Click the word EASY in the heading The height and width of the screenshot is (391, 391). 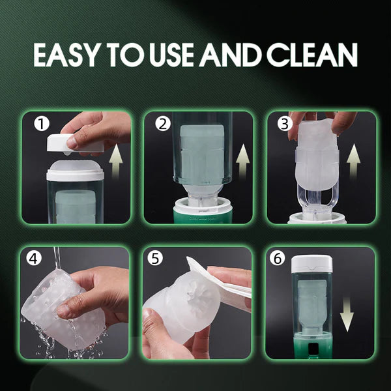pyautogui.click(x=66, y=55)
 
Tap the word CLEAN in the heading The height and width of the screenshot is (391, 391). pyautogui.click(x=312, y=55)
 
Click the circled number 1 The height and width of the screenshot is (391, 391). pyautogui.click(x=42, y=124)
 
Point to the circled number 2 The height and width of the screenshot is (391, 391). pyautogui.click(x=162, y=124)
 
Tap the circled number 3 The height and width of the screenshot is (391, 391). pyautogui.click(x=285, y=124)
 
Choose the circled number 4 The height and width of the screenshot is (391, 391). pyautogui.click(x=34, y=259)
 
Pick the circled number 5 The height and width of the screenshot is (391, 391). pyautogui.click(x=155, y=259)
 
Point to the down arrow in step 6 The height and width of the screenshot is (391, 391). pyautogui.click(x=347, y=315)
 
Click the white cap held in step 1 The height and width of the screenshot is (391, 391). pyautogui.click(x=75, y=143)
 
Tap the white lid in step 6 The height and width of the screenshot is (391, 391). pyautogui.click(x=311, y=263)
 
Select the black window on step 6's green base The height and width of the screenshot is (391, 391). pyautogui.click(x=311, y=349)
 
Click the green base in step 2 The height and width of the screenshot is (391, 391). pyautogui.click(x=203, y=215)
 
